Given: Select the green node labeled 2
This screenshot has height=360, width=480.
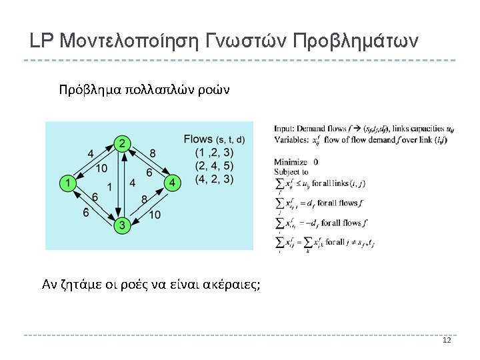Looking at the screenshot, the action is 122,143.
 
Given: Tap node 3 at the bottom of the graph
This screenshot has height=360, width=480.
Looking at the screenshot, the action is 121,225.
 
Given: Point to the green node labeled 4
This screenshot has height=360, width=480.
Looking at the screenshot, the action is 172,182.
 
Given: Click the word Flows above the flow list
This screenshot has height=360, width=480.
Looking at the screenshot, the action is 198,139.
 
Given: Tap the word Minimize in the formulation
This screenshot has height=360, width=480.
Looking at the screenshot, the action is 291,162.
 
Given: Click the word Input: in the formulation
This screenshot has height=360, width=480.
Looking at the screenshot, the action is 285,129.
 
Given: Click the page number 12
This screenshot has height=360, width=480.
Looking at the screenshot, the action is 447,341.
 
